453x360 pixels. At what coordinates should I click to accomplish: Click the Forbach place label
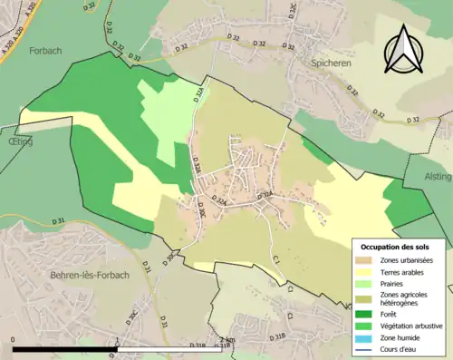[43, 51]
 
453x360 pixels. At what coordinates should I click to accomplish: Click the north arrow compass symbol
[401, 50]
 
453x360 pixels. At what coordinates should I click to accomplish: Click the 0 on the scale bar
[14, 341]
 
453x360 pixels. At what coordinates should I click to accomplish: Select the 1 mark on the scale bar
[118, 341]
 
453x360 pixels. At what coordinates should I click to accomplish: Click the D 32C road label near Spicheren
[292, 11]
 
